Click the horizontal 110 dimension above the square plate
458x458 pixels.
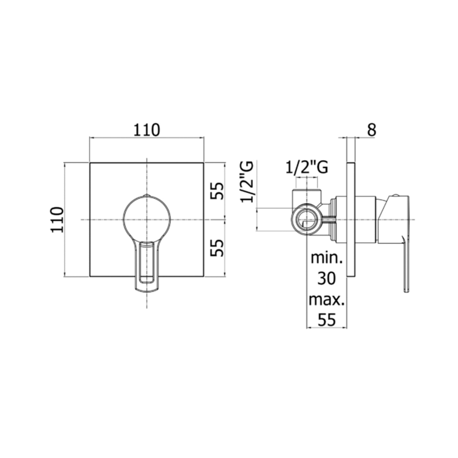coord(147,130)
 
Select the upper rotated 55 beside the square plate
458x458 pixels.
coord(217,191)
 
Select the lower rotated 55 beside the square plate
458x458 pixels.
coord(217,247)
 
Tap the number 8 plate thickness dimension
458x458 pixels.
coord(371,130)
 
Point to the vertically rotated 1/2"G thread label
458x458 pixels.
coord(247,182)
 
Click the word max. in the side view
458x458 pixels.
coord(326,300)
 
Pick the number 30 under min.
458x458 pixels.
coord(326,278)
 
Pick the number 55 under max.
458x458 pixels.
coord(326,320)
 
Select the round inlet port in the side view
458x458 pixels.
coord(306,220)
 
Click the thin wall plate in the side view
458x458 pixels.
coord(351,220)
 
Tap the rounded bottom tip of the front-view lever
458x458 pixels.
coord(147,290)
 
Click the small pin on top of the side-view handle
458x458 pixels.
coord(396,195)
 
